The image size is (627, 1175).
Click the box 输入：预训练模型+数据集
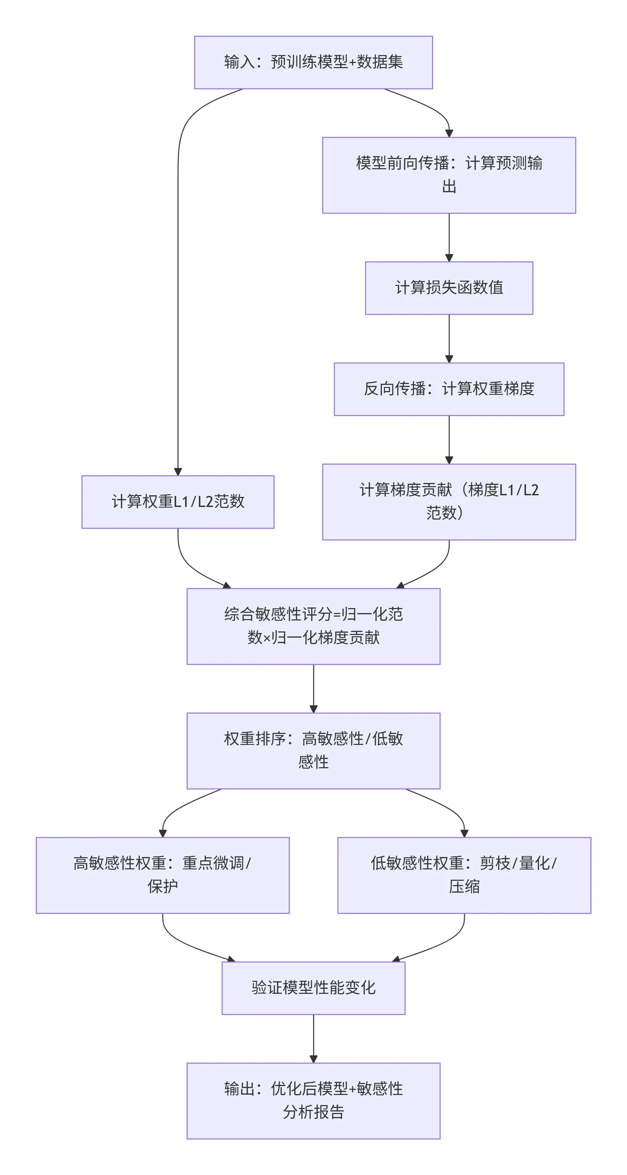(x=313, y=63)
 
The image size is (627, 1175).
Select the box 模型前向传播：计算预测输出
(x=449, y=175)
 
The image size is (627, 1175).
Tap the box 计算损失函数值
(x=449, y=288)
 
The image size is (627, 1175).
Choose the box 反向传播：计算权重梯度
(x=449, y=389)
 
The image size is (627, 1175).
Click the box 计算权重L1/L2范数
(x=177, y=502)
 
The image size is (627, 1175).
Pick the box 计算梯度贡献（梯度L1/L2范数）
(x=449, y=502)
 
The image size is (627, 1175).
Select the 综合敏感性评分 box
(x=313, y=626)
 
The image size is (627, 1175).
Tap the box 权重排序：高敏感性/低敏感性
(x=313, y=751)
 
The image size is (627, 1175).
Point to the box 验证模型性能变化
(x=313, y=988)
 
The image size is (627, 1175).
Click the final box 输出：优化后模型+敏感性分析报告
(x=313, y=1101)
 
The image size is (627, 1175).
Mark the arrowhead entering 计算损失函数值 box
(x=449, y=258)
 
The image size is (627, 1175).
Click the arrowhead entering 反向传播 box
(x=449, y=359)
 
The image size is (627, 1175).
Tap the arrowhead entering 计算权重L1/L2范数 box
(x=177, y=472)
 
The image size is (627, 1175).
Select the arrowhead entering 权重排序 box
(x=313, y=709)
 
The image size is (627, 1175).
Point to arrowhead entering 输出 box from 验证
(x=313, y=1059)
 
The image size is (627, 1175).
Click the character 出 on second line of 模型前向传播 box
(x=449, y=187)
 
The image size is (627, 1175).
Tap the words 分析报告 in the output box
(x=313, y=1112)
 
